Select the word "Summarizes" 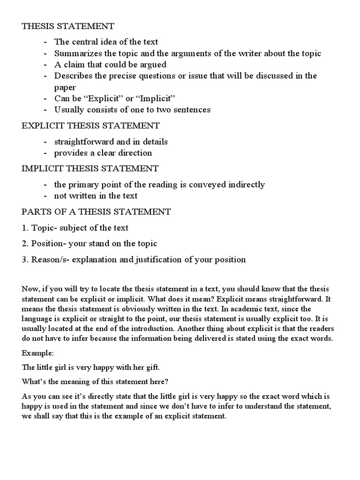(x=75, y=53)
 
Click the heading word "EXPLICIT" (x=43, y=126)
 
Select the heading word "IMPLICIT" (x=42, y=168)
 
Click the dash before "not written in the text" (x=45, y=196)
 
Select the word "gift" (x=154, y=368)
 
